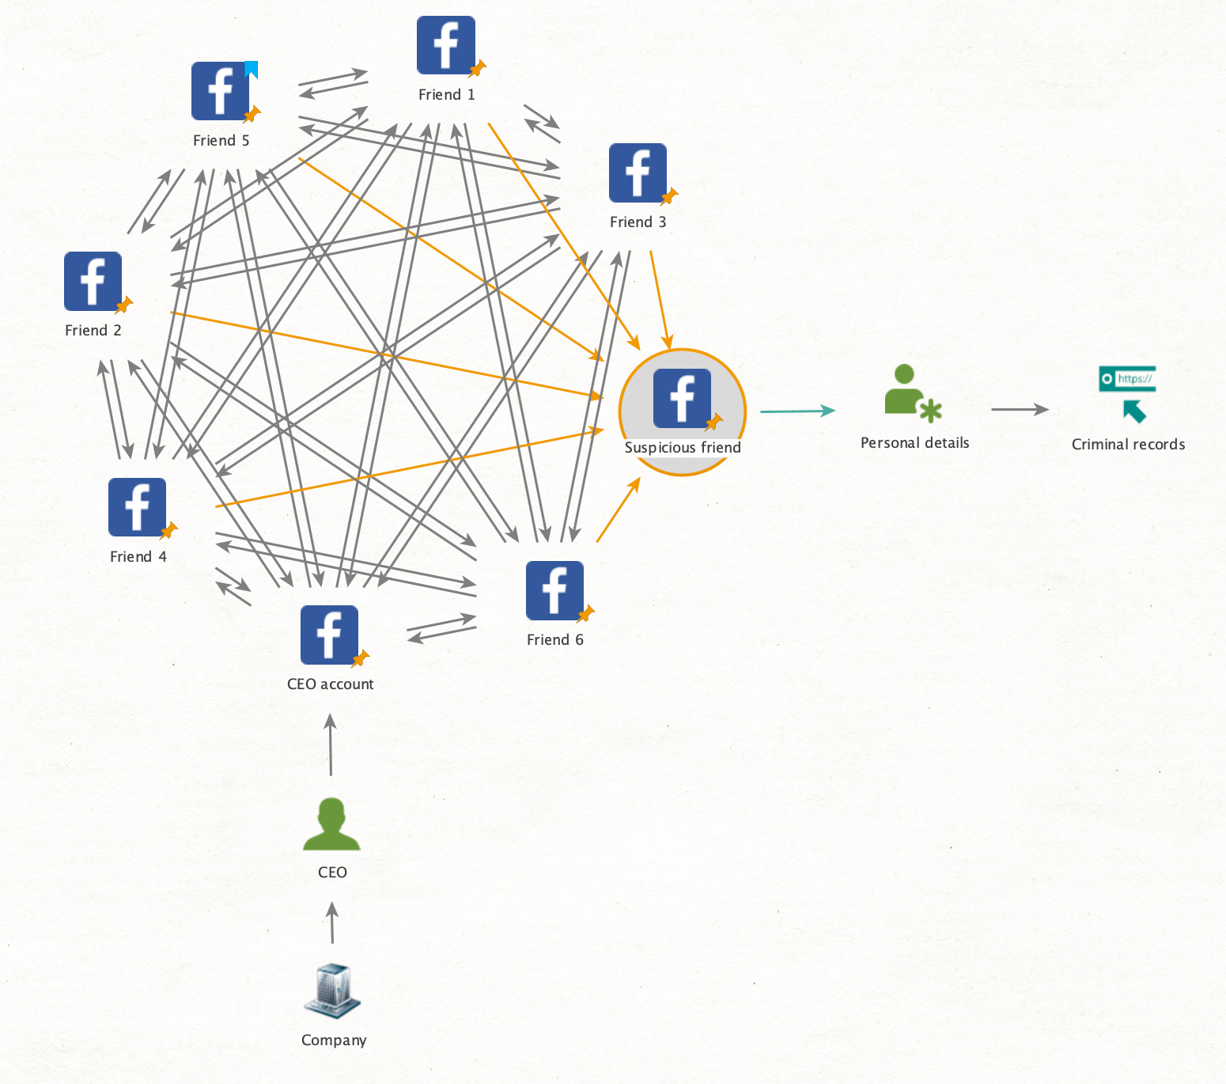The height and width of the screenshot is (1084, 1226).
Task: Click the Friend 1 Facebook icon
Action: click(446, 45)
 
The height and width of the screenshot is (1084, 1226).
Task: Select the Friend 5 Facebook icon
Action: click(221, 91)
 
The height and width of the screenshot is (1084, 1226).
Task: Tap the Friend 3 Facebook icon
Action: click(638, 172)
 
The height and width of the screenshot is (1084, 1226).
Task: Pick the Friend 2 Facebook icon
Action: click(93, 281)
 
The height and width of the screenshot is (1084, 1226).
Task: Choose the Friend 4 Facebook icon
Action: click(138, 507)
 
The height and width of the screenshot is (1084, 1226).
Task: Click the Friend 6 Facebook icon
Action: click(554, 590)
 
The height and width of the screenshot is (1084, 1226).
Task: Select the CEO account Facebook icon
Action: click(329, 635)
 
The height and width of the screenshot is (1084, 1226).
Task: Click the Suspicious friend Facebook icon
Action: click(682, 398)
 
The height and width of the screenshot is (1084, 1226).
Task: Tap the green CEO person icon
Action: click(331, 824)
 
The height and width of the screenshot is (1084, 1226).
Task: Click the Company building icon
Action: click(332, 990)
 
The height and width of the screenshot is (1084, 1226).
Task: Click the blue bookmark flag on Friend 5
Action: click(252, 70)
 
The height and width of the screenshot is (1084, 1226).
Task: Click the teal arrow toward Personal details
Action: click(797, 411)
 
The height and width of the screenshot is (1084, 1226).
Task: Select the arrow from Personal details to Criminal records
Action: click(1020, 409)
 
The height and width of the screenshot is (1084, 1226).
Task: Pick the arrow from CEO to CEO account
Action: click(331, 745)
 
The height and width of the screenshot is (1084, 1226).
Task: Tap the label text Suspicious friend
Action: click(683, 448)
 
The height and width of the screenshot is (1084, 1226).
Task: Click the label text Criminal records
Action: click(1128, 445)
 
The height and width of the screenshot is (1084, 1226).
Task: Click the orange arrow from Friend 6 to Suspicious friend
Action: click(618, 510)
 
